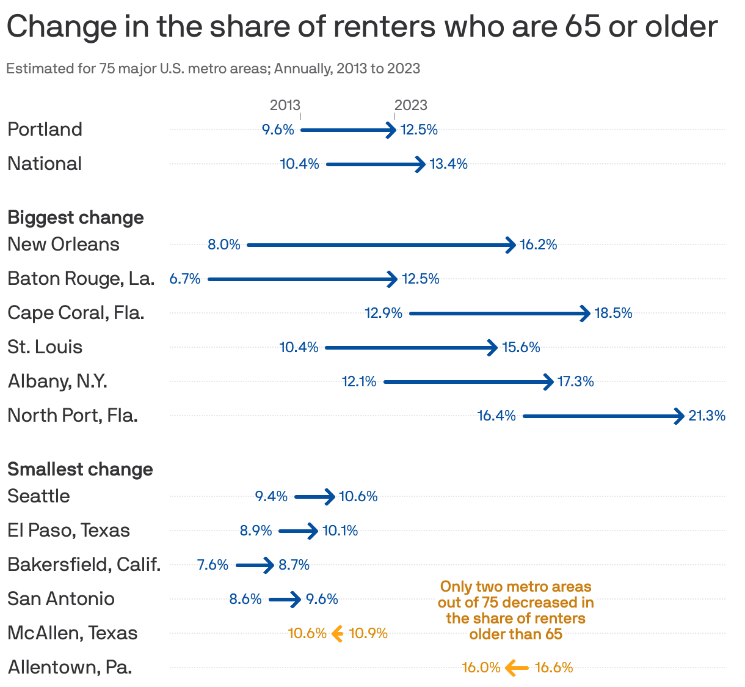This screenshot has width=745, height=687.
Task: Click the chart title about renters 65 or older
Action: click(x=362, y=27)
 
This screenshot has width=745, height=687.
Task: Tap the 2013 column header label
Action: click(x=285, y=105)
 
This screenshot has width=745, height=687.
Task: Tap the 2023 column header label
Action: click(x=411, y=105)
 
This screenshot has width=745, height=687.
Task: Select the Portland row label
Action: click(x=45, y=130)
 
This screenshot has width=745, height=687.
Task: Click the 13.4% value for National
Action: click(x=449, y=164)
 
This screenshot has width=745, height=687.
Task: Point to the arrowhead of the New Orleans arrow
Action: click(x=511, y=245)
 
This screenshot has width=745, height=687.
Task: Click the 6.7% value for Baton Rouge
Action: click(x=185, y=279)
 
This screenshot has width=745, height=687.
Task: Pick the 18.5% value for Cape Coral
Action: click(x=613, y=314)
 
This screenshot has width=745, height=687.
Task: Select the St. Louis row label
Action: click(x=45, y=347)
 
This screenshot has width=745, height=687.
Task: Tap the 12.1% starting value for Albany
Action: click(x=359, y=382)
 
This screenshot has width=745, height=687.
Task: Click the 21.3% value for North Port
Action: click(x=707, y=416)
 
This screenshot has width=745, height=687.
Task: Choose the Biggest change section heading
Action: click(x=76, y=218)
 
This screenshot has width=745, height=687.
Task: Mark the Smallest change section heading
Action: click(x=80, y=469)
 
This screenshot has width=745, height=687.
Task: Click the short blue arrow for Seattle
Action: click(x=314, y=497)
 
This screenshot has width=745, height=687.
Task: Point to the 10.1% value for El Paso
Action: click(x=340, y=531)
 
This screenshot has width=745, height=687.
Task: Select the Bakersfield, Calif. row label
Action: click(x=84, y=565)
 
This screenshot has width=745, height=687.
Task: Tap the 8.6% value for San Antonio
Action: click(x=245, y=599)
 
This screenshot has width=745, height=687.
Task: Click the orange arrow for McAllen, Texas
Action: click(x=337, y=634)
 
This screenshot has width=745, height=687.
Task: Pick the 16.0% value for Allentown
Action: click(x=481, y=667)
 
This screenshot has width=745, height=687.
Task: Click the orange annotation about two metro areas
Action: click(x=515, y=611)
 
